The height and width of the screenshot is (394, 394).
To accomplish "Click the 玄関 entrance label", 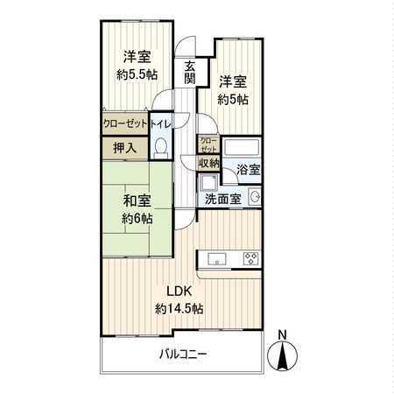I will pyautogui.click(x=190, y=73).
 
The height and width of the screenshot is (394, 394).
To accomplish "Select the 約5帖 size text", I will pyautogui.click(x=233, y=100).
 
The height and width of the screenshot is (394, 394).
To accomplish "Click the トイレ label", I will pyautogui.click(x=160, y=124).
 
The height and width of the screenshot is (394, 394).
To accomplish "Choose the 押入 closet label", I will pyautogui.click(x=125, y=148).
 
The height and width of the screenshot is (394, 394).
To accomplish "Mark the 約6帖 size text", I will pyautogui.click(x=137, y=219).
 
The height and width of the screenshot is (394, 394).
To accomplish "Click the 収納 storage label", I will pyautogui.click(x=208, y=162).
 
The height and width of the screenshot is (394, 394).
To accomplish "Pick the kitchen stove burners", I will pyautogui.click(x=250, y=257).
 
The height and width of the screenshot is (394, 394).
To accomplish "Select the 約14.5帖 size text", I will pyautogui.click(x=179, y=308).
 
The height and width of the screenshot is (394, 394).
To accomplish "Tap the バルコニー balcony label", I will pyautogui.click(x=183, y=355).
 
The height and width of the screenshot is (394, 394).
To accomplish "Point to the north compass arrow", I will pyautogui.click(x=282, y=356).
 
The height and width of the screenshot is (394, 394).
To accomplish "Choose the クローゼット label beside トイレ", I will pyautogui.click(x=125, y=124).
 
